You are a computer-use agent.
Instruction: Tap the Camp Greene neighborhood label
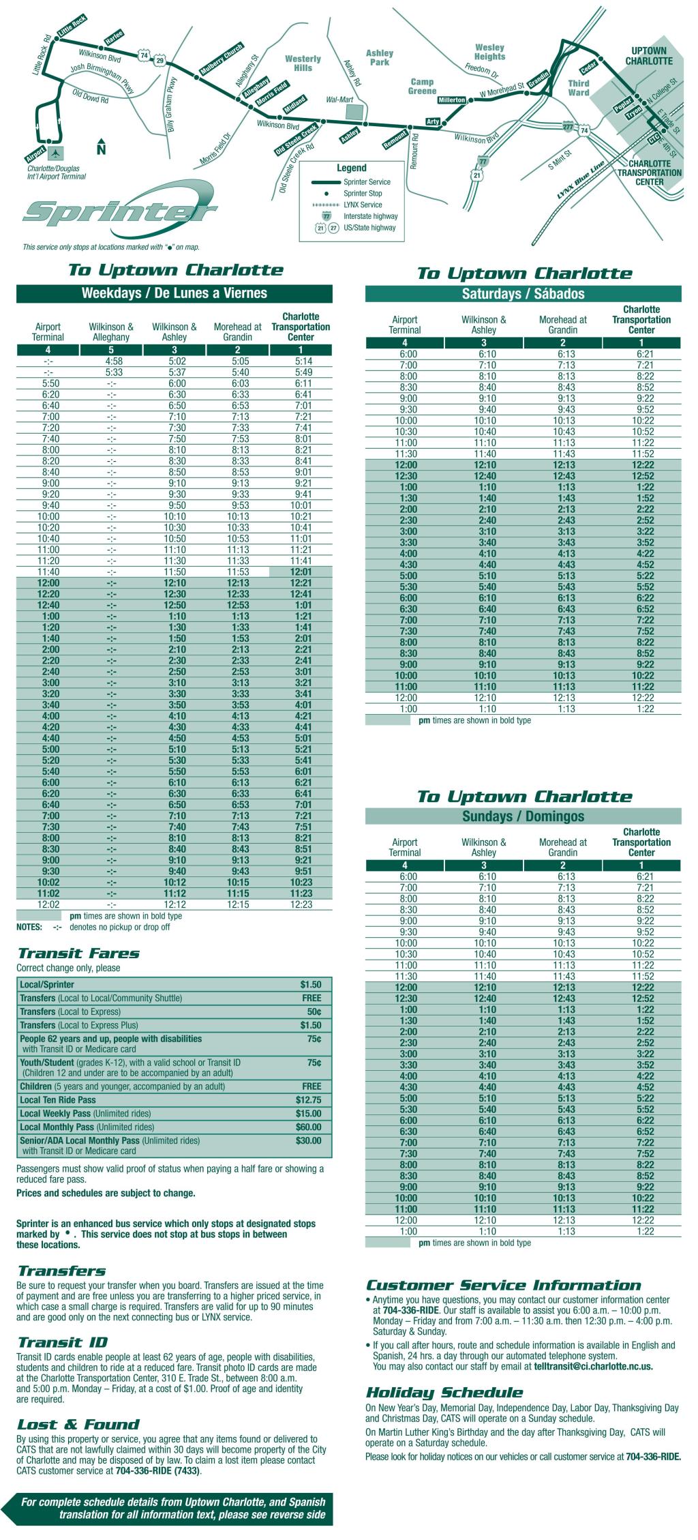click(422, 87)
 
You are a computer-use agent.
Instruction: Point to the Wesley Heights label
click(489, 53)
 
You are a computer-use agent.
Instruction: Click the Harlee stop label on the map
click(112, 39)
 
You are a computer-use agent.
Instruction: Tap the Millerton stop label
click(451, 100)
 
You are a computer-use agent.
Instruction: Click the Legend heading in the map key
click(351, 168)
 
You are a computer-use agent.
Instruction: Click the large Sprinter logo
click(119, 211)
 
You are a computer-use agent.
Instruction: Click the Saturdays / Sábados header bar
click(523, 294)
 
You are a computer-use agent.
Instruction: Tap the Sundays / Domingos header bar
click(523, 816)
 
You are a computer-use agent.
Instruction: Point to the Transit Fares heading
click(78, 953)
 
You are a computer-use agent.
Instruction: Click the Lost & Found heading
click(78, 1424)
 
